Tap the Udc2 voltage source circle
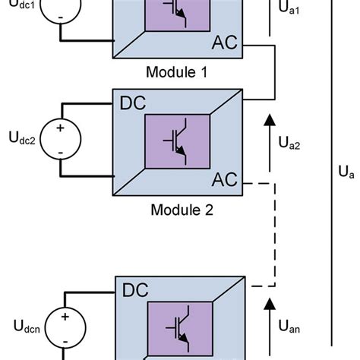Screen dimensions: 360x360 [58, 141]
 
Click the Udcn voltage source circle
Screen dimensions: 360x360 [65, 327]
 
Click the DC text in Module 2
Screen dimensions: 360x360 [133, 102]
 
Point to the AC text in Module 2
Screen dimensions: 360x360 [225, 181]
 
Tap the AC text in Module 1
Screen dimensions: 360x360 [225, 44]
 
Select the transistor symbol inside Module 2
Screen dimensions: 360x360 [177, 142]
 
